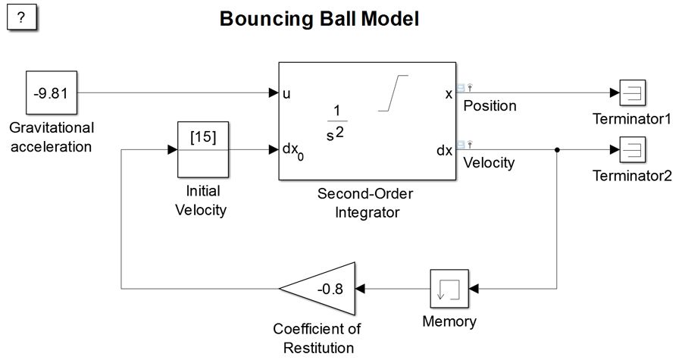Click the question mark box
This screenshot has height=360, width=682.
[x=22, y=18]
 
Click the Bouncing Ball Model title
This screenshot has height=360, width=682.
[x=319, y=19]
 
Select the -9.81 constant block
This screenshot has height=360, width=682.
[x=51, y=93]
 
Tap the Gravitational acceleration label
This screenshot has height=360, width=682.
[x=52, y=136]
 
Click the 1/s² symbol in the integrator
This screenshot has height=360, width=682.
[x=338, y=121]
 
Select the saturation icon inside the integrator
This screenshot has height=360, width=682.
[x=394, y=92]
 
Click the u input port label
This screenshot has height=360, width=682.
[x=286, y=94]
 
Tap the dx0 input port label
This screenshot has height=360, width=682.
[x=293, y=151]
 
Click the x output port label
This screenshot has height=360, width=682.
[x=449, y=94]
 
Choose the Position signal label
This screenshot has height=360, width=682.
[x=490, y=106]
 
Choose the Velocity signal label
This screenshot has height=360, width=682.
[x=489, y=162]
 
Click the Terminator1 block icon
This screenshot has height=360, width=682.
[x=631, y=93]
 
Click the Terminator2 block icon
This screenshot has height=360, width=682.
[x=631, y=149]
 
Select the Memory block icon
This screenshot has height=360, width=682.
[x=449, y=288]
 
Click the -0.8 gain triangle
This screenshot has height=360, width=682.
[x=324, y=289]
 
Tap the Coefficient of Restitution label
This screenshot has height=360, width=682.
[x=318, y=339]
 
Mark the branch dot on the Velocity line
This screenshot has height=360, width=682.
[x=558, y=150]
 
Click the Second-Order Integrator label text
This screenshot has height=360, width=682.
[x=367, y=203]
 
